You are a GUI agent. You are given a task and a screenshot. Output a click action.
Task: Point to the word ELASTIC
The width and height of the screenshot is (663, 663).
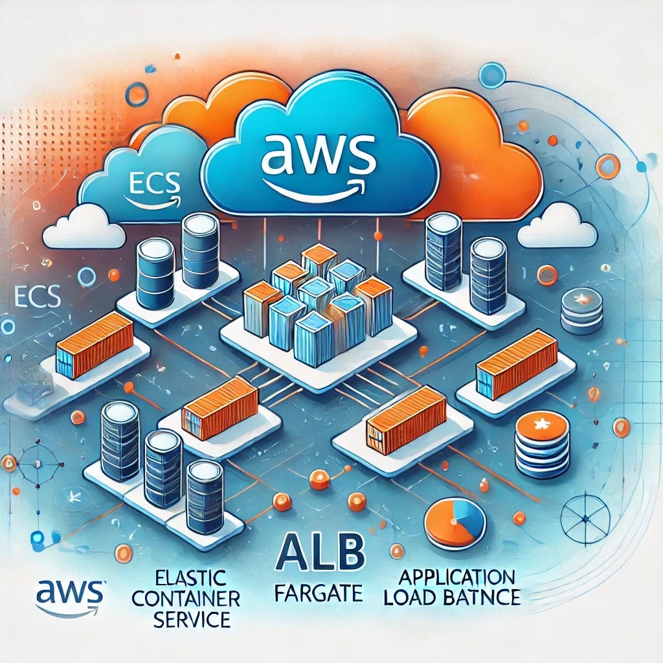(192, 576)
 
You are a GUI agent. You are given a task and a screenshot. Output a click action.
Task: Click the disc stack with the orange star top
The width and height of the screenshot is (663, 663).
(542, 445)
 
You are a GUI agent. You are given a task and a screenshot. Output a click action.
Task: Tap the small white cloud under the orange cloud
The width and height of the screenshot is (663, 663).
(557, 227)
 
